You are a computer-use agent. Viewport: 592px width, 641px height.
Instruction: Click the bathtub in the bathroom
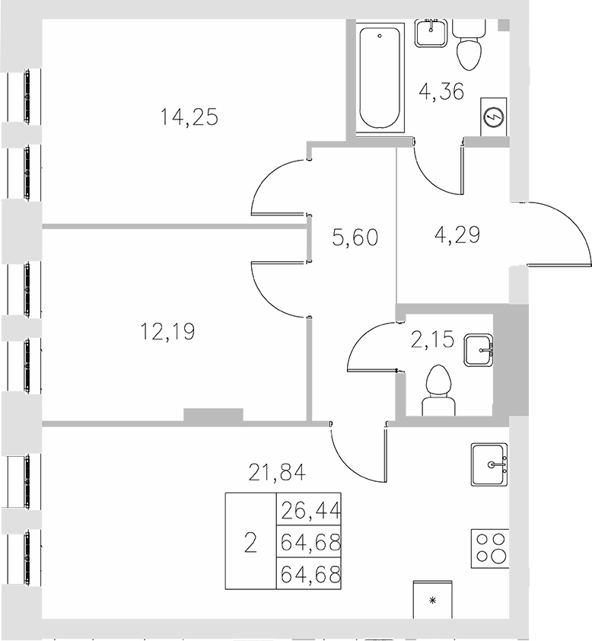click(379, 78)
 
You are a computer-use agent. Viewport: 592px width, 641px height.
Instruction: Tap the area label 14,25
click(189, 117)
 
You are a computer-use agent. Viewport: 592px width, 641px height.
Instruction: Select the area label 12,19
click(167, 332)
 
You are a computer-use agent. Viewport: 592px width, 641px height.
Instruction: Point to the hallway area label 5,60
click(355, 238)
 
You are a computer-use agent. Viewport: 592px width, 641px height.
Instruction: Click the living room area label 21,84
click(278, 474)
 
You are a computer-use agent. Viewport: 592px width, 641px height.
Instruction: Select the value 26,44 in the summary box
click(309, 509)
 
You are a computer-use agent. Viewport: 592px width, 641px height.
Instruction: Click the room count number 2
click(250, 542)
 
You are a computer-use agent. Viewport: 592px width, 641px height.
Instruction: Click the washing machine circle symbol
click(493, 117)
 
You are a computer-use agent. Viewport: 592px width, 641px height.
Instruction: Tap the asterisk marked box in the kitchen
click(433, 601)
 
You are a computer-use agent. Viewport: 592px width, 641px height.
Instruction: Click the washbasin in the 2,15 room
click(479, 351)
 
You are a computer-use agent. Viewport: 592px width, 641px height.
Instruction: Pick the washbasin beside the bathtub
click(431, 32)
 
